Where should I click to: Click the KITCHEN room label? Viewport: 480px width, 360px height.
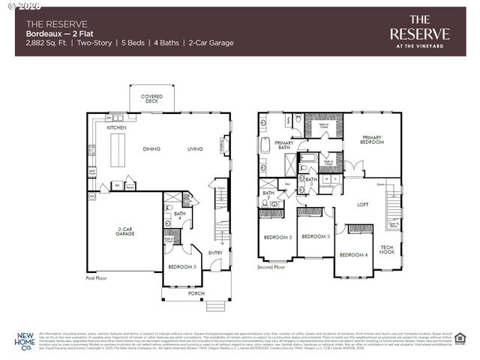click(116, 128)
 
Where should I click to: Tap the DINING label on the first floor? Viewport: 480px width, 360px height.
click(152, 149)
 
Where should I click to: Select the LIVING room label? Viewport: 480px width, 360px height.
click(195, 149)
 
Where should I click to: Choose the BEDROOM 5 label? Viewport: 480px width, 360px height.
click(181, 267)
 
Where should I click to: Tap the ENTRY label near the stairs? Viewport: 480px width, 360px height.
click(215, 253)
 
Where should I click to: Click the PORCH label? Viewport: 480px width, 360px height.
click(195, 293)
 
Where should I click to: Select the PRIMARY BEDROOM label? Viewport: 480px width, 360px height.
click(373, 139)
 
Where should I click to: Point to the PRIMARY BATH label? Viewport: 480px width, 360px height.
click(284, 145)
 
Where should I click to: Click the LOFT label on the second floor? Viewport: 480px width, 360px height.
click(362, 204)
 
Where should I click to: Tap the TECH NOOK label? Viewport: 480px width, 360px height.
click(387, 250)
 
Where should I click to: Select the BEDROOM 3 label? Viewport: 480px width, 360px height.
click(316, 237)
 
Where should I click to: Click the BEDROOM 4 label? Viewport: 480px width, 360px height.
click(353, 255)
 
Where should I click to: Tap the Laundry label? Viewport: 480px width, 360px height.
click(326, 186)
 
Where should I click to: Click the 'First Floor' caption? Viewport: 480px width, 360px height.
click(97, 277)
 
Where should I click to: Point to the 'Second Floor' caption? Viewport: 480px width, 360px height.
click(271, 267)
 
